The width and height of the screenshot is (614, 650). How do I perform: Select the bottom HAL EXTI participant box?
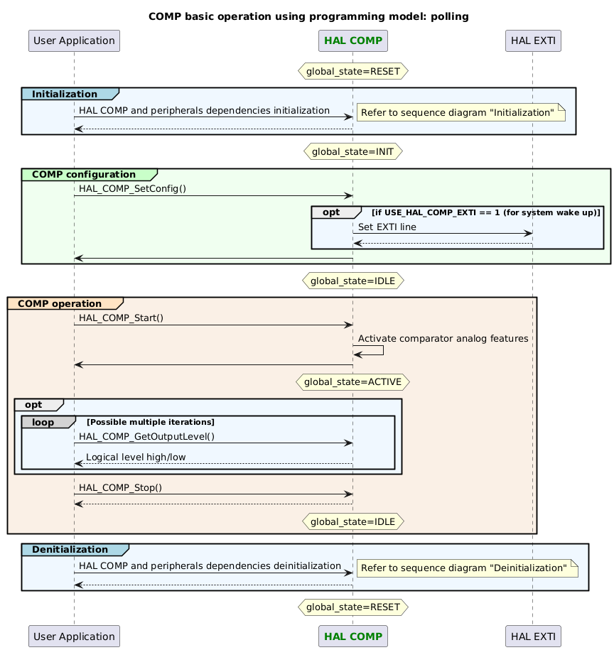coord(532,637)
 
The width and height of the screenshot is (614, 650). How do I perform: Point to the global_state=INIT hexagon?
coord(352,151)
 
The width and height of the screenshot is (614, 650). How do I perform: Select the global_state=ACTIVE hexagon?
coord(352,382)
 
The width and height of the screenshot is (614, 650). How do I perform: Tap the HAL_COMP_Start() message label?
coord(122,318)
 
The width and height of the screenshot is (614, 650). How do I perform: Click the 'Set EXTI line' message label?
coord(387,227)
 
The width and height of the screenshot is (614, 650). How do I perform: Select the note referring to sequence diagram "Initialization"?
coord(460,113)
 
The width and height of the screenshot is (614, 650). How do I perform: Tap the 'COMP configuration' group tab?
coord(84,174)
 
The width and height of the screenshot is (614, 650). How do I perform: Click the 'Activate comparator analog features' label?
coord(443,339)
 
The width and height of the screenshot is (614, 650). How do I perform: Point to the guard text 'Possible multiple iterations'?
coord(151,422)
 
